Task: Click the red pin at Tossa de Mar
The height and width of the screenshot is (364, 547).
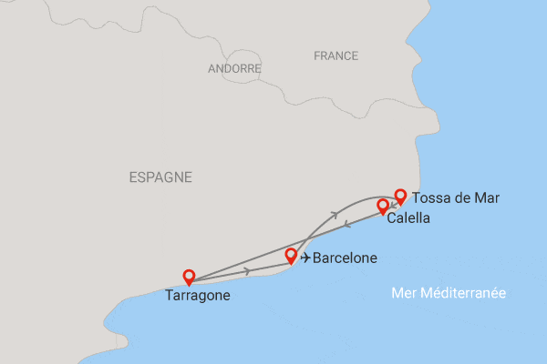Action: (x=399, y=196)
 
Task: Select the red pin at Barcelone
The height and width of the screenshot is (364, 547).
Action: (x=292, y=256)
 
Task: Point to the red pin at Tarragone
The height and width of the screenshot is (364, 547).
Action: (x=189, y=277)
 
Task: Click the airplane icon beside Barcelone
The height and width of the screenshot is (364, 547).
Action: (x=304, y=258)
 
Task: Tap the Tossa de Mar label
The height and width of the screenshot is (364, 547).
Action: (x=456, y=197)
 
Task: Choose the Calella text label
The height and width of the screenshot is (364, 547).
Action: (x=408, y=218)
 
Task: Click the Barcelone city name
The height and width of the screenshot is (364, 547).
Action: (x=345, y=258)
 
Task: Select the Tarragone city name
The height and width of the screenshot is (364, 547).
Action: (x=198, y=295)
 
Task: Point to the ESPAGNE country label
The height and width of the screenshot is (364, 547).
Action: (x=160, y=177)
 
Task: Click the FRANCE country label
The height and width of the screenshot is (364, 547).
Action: (x=335, y=56)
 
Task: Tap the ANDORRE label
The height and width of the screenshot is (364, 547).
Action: (x=234, y=68)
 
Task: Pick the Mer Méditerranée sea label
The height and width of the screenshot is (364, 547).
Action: (x=448, y=293)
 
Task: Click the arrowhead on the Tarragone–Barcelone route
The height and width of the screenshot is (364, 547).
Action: (x=248, y=271)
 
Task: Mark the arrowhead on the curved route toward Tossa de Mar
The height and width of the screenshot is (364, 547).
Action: (x=336, y=214)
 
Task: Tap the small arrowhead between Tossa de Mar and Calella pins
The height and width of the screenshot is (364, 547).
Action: (x=392, y=205)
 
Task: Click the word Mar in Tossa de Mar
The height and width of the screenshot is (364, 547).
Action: (x=488, y=197)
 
